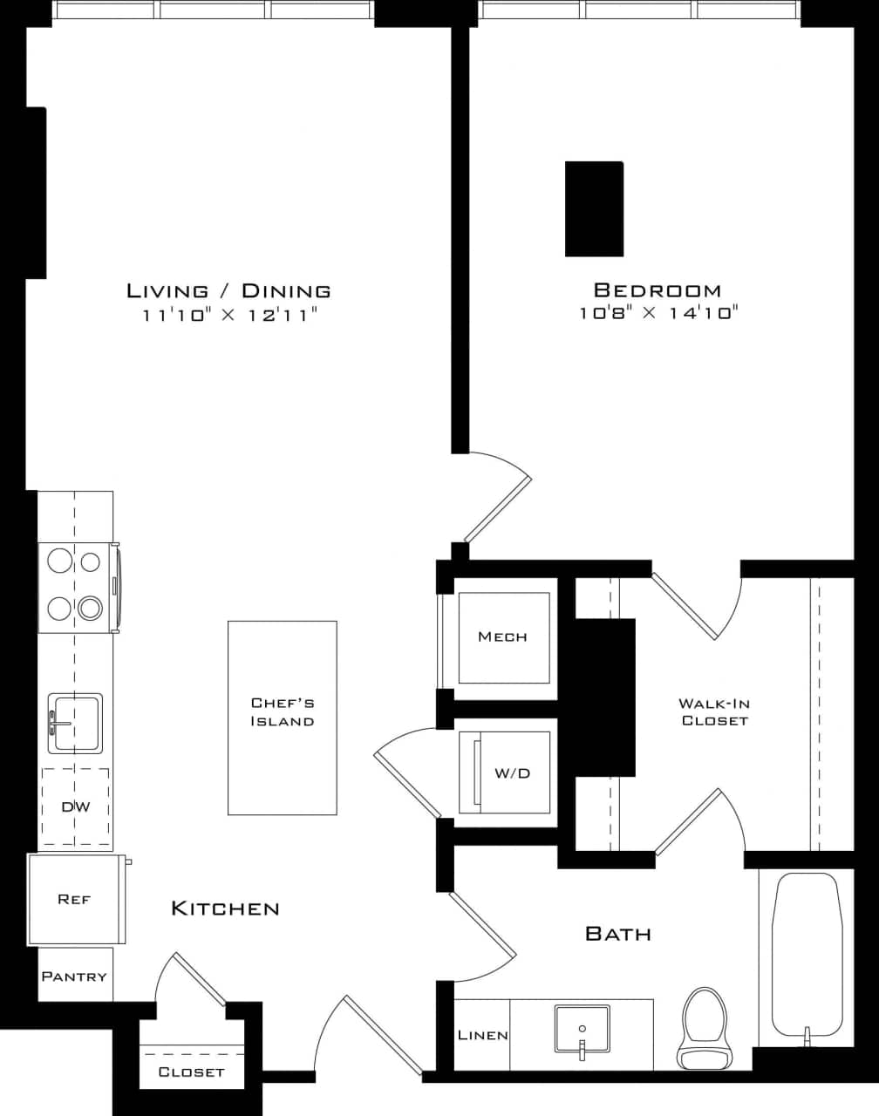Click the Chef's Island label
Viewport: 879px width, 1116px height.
[x=282, y=712]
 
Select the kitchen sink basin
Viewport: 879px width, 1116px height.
[x=75, y=723]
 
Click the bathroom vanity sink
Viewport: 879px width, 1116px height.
[x=582, y=1030]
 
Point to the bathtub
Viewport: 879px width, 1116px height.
[x=807, y=955]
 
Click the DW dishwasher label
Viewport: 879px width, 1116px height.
[x=76, y=806]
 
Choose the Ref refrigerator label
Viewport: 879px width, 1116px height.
[x=74, y=899]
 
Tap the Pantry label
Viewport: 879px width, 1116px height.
[x=74, y=976]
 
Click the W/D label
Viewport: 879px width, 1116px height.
[x=512, y=773]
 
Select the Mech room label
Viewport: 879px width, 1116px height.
[x=503, y=637]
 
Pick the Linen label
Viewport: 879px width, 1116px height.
[x=483, y=1036]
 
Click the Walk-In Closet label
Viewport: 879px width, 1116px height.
[x=714, y=712]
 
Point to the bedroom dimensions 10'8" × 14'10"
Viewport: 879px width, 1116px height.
[x=658, y=313]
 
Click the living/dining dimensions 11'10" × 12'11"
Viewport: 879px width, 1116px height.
[x=228, y=315]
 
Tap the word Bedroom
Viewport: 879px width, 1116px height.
[x=658, y=290]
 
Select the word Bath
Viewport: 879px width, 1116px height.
[x=618, y=934]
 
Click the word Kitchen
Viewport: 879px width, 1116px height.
[x=225, y=908]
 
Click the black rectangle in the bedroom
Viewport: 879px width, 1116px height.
[x=594, y=208]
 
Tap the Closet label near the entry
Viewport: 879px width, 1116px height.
[x=191, y=1072]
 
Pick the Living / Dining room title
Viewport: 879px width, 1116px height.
[x=228, y=291]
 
